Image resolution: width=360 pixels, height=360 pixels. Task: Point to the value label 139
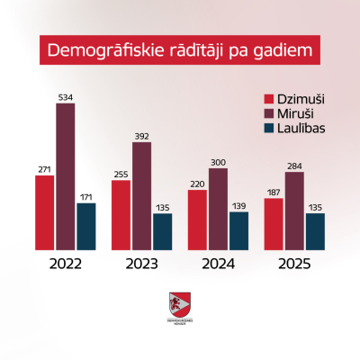tap(238, 206)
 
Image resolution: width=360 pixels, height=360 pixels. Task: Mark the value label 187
tap(274, 193)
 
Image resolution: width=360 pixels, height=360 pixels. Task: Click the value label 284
tap(294, 166)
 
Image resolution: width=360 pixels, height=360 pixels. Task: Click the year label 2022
tap(66, 265)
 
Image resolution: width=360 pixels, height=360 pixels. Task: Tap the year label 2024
tap(218, 265)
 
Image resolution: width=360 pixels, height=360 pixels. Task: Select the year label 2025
tap(294, 265)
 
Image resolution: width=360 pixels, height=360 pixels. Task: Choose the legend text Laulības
tap(304, 129)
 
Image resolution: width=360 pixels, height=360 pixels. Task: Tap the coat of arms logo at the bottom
tap(180, 304)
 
